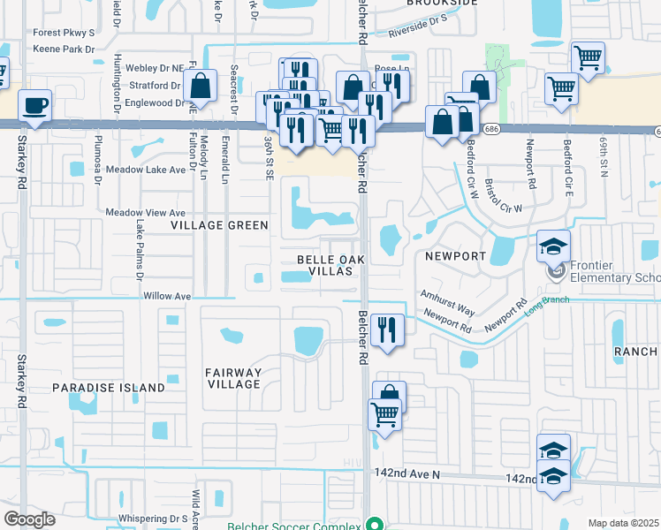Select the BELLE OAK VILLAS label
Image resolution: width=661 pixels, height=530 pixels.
(331, 265)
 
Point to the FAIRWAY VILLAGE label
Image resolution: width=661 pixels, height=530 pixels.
(233, 378)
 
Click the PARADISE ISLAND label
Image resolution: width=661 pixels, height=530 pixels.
(109, 388)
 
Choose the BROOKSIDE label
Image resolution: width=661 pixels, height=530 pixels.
(442, 4)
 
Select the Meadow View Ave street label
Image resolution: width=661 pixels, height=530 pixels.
(146, 213)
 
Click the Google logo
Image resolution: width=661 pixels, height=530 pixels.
(29, 519)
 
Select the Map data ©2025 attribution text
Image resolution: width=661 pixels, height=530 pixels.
(623, 523)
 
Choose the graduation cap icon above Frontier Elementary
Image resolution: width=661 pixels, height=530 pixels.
(553, 246)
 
